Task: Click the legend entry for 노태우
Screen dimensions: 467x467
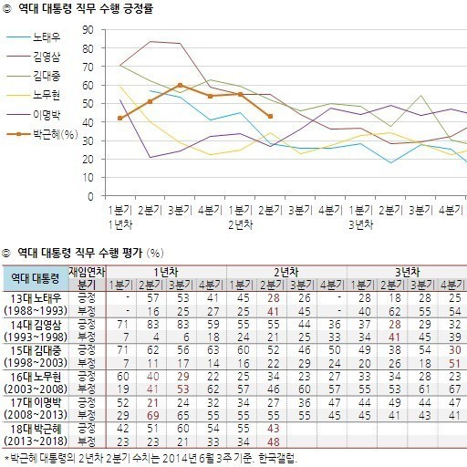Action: [x=34, y=37]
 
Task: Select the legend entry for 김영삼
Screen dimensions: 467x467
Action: [x=34, y=57]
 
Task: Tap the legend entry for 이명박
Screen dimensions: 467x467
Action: [x=34, y=115]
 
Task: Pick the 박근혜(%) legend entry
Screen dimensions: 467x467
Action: [x=42, y=134]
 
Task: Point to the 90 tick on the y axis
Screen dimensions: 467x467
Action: [x=88, y=30]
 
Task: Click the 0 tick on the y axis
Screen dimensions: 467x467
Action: [x=90, y=196]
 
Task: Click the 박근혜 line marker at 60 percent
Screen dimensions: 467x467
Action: [x=180, y=85]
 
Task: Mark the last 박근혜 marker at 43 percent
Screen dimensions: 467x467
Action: [x=270, y=116]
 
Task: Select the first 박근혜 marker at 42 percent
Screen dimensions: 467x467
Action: [x=119, y=118]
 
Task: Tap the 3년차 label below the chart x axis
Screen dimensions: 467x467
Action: [x=360, y=225]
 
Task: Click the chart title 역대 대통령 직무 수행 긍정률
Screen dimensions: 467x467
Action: [x=86, y=8]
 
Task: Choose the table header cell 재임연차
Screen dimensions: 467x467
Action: [x=87, y=272]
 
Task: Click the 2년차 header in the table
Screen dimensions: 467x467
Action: [x=286, y=272]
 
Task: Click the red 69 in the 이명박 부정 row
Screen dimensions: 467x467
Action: [x=152, y=415]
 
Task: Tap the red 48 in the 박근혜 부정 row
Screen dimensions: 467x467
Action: [x=273, y=441]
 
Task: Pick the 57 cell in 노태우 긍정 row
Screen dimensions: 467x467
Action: [x=152, y=298]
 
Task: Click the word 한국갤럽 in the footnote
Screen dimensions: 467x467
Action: [x=277, y=458]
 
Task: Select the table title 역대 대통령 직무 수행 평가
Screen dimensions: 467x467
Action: [x=80, y=253]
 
